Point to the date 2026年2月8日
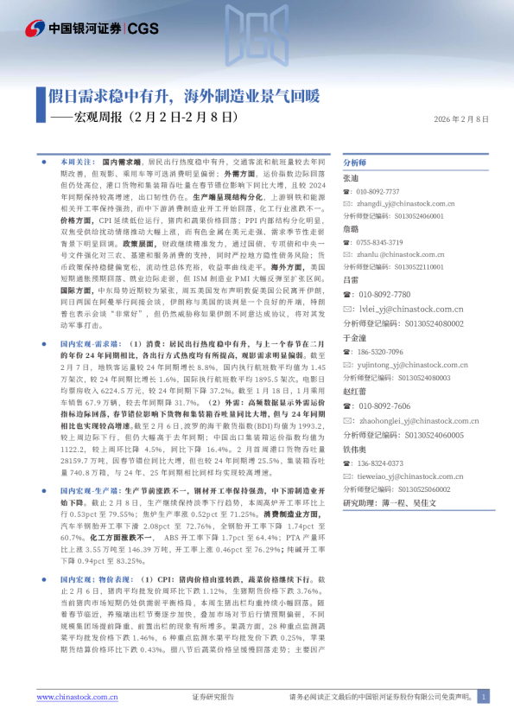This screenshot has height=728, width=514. [461, 118]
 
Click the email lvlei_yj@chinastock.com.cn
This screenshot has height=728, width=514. [412, 308]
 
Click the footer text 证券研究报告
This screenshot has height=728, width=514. [212, 697]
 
